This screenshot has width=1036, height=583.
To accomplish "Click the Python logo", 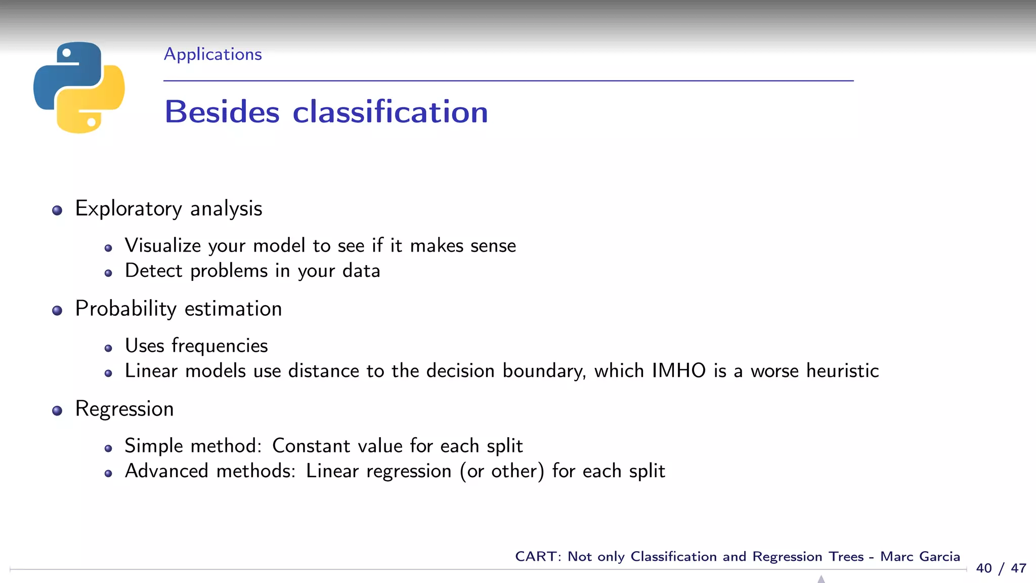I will [79, 88].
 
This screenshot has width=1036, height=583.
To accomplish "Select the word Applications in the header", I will [212, 54].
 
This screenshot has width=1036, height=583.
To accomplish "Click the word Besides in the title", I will [222, 112].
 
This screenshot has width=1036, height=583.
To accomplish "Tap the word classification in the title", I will [390, 112].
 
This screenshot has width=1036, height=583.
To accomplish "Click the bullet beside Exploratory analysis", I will [57, 211].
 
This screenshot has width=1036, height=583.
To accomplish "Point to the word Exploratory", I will [128, 209].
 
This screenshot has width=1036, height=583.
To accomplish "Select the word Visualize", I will [163, 245].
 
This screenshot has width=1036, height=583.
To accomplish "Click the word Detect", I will [153, 271].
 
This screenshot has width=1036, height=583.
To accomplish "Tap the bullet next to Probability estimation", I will [57, 311].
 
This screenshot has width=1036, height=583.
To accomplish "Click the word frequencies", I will [220, 346].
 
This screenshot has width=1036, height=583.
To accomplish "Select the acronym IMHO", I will [678, 371].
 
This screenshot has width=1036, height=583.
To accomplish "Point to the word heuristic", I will [842, 371].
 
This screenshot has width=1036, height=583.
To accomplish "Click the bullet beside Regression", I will [57, 411].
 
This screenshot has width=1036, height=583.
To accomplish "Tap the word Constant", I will [311, 446].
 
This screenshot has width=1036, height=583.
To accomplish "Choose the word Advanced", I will [166, 471].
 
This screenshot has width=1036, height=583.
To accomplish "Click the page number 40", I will [984, 568].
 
